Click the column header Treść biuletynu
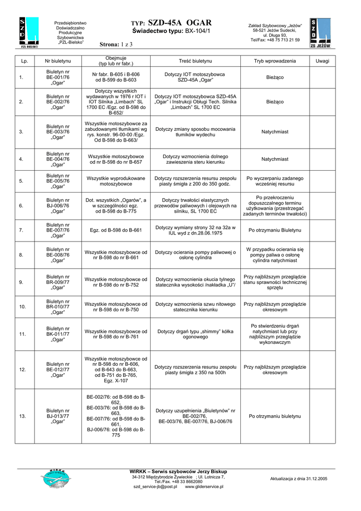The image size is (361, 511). pyautogui.click(x=195, y=61)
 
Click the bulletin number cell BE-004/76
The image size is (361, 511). pyautogui.click(x=58, y=159)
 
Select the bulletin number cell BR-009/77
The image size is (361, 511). pyautogui.click(x=58, y=282)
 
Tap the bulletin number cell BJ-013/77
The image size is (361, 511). pyautogui.click(x=58, y=416)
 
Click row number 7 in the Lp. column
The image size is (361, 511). pyautogui.click(x=21, y=231)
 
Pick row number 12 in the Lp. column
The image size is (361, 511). pyautogui.click(x=22, y=370)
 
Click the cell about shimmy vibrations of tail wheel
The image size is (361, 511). pyautogui.click(x=195, y=334)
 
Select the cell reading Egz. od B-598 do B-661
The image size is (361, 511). pyautogui.click(x=116, y=231)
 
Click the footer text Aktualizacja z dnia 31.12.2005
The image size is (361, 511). pyautogui.click(x=298, y=479)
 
